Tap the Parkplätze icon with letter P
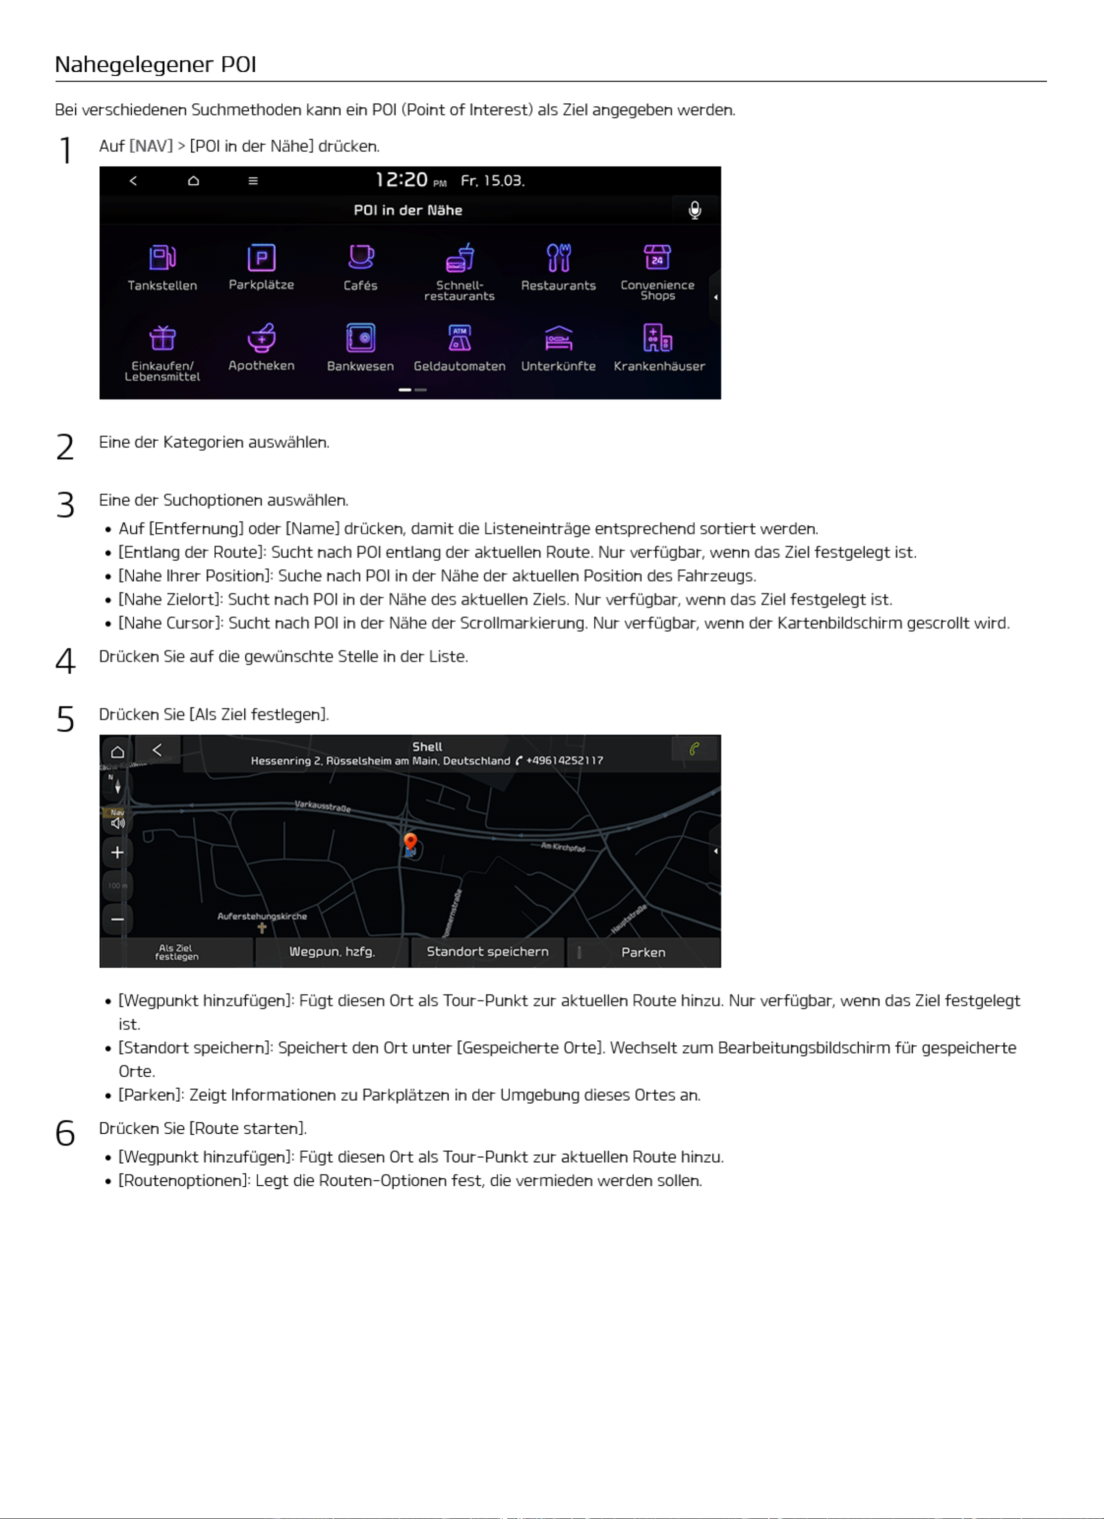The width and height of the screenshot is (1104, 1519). point(261,257)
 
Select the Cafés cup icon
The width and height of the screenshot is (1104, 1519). point(360,257)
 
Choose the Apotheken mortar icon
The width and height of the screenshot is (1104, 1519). point(261,338)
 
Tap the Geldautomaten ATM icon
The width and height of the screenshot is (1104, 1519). point(460,338)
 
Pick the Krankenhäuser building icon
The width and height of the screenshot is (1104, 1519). point(658,338)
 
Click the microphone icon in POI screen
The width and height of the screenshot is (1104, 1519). point(695,210)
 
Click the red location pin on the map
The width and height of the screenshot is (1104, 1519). point(410,842)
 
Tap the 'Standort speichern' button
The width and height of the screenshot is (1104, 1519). point(487,952)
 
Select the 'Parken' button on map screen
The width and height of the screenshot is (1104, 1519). point(643,952)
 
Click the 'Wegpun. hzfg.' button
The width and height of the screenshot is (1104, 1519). point(332,952)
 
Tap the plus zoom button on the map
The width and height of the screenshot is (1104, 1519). point(117,853)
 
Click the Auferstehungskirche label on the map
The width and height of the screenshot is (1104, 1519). point(262,916)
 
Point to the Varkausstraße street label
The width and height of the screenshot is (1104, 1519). point(323,806)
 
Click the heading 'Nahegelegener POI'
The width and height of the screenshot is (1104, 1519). point(155,64)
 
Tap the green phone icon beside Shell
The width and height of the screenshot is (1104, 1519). point(695,749)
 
